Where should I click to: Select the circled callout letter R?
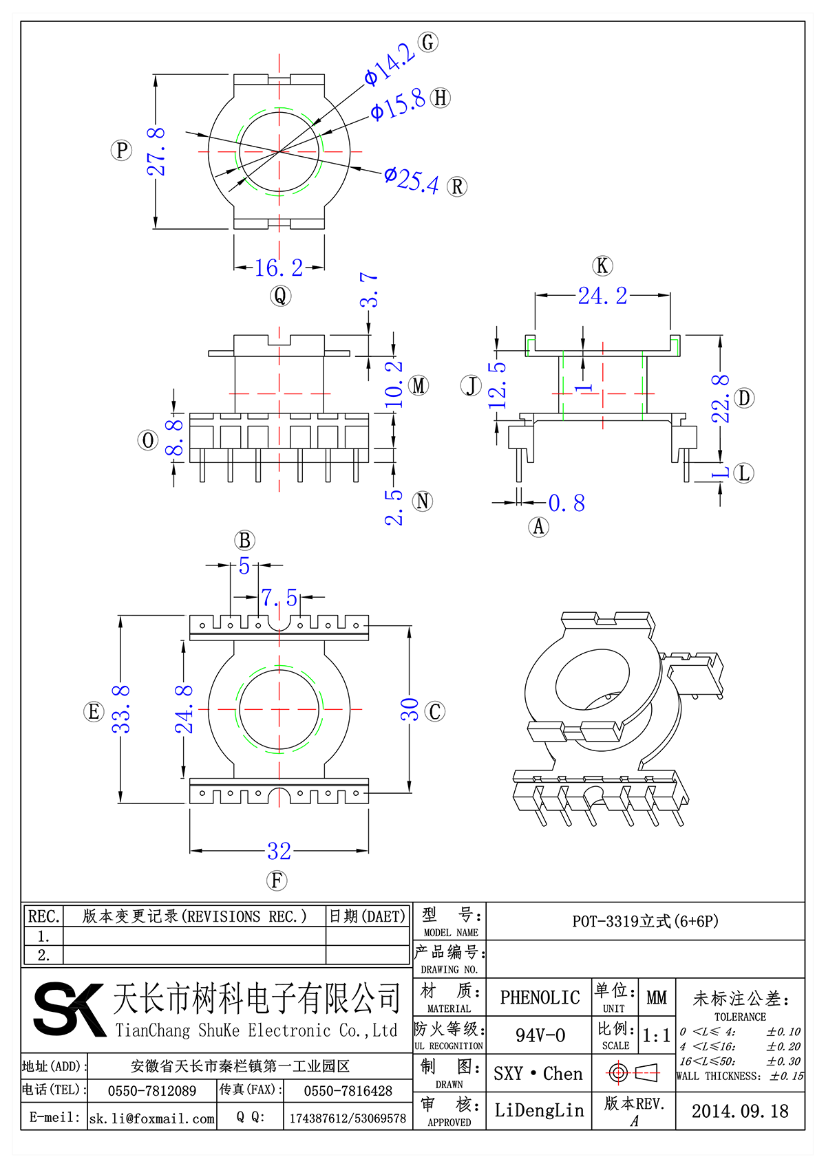coord(457,186)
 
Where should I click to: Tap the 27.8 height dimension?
coord(157,151)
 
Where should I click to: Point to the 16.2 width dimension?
coord(279,268)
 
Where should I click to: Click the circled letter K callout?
coord(602,266)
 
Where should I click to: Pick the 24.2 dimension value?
coord(602,296)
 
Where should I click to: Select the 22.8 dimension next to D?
coord(720,399)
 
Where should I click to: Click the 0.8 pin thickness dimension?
coord(567,504)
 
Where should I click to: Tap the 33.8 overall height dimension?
coord(121,709)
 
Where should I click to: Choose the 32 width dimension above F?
coord(279,852)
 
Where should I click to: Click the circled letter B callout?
coord(245,541)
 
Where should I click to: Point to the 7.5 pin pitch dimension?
coord(279,598)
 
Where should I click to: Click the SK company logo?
coord(69,1009)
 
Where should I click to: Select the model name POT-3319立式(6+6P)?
coord(645,921)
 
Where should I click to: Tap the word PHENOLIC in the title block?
coord(540,997)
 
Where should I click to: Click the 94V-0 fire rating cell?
coord(540,1035)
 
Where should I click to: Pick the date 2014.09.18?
coord(740,1111)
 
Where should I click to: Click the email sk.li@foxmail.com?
coord(152,1118)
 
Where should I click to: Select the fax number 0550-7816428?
coord(348,1091)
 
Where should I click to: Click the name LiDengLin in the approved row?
coord(539,1110)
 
